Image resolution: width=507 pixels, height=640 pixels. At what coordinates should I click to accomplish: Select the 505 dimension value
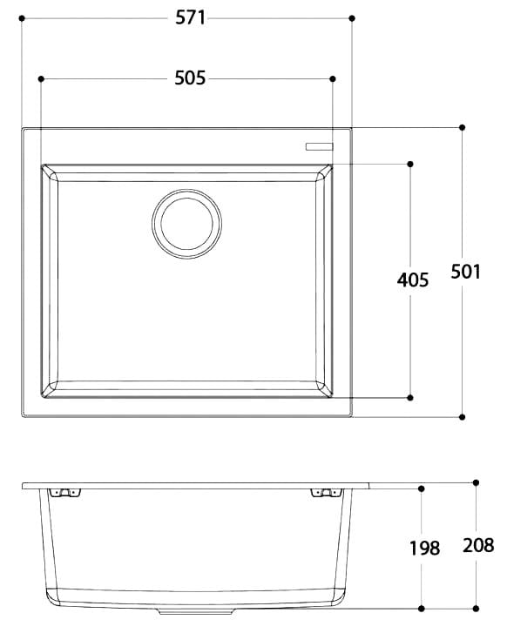click(x=189, y=78)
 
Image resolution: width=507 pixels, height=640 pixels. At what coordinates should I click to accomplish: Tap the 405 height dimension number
click(x=412, y=280)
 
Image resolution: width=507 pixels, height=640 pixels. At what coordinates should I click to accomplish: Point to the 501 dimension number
click(x=465, y=272)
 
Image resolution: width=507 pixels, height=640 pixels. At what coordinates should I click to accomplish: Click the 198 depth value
click(x=424, y=548)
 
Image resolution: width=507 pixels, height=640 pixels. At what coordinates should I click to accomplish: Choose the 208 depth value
click(x=478, y=546)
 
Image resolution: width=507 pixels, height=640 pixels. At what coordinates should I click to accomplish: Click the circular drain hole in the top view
click(x=186, y=223)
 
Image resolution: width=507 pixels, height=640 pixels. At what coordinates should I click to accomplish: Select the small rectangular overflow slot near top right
click(x=319, y=146)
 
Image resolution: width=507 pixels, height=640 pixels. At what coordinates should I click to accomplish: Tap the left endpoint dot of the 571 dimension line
click(x=22, y=17)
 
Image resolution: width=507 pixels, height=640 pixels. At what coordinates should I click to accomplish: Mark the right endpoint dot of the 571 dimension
click(x=352, y=17)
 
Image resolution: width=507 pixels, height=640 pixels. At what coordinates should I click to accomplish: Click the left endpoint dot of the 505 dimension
click(x=41, y=78)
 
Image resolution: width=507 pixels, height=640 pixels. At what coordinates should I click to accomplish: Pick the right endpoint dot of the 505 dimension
click(x=332, y=78)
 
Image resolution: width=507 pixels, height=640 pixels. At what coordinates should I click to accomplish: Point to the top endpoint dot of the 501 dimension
click(x=462, y=127)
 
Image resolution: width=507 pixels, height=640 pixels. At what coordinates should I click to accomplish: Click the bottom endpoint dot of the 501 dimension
click(x=462, y=417)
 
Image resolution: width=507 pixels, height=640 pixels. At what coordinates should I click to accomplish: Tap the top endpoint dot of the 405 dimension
click(x=410, y=163)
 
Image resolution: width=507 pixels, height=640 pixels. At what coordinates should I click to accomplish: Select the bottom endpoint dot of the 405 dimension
click(x=410, y=397)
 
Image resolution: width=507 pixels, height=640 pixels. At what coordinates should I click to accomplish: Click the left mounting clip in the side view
click(x=63, y=494)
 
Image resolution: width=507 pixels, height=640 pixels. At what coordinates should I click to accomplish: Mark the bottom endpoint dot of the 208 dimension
click(x=476, y=607)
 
